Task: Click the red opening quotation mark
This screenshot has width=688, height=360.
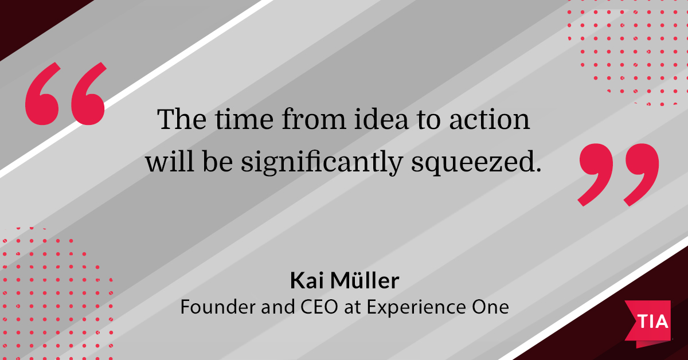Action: tap(66, 95)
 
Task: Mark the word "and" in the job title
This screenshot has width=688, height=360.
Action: tap(271, 307)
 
